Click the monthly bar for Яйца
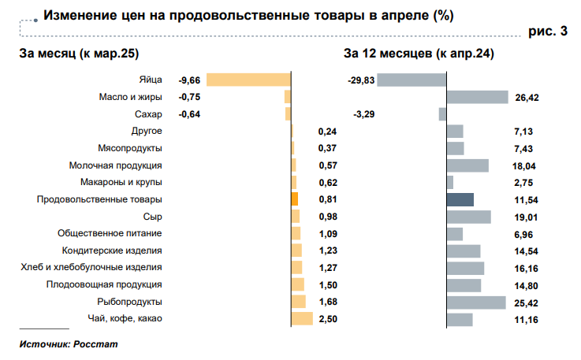248,80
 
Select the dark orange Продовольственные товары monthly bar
294,199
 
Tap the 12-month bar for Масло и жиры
477,97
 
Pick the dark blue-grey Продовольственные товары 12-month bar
460,199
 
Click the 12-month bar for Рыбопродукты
476,302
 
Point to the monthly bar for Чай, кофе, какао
302,318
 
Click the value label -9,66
191,80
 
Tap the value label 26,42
527,97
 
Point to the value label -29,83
361,80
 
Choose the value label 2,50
327,318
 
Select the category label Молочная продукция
116,165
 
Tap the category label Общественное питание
110,233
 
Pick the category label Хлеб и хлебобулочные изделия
91,267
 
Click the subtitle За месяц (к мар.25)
74,54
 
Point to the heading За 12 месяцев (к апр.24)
419,54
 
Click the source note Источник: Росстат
69,344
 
